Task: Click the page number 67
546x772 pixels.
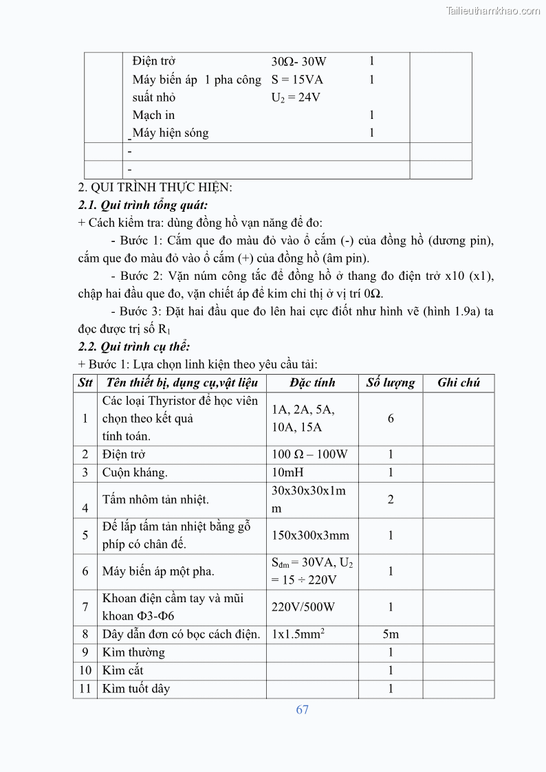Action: pyautogui.click(x=302, y=709)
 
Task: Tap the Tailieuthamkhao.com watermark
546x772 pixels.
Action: pyautogui.click(x=493, y=10)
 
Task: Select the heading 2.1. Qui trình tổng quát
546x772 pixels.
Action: pyautogui.click(x=142, y=205)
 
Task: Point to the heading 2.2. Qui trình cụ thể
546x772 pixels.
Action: pyautogui.click(x=134, y=346)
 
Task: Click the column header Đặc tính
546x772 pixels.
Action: pyautogui.click(x=312, y=383)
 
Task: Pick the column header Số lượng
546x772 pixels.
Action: pyautogui.click(x=390, y=383)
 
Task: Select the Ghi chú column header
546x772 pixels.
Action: pyautogui.click(x=458, y=383)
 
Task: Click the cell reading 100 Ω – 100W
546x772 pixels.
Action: pyautogui.click(x=309, y=454)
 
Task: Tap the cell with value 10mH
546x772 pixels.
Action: pyautogui.click(x=287, y=472)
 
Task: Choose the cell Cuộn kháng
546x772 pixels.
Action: pyautogui.click(x=135, y=472)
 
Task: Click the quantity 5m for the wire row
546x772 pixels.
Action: pyautogui.click(x=390, y=635)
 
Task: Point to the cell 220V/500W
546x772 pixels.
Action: pyautogui.click(x=303, y=607)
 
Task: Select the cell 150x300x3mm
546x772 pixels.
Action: pyautogui.click(x=310, y=536)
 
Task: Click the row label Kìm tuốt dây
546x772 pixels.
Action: pyautogui.click(x=136, y=688)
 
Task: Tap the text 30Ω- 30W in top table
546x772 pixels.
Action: pyautogui.click(x=298, y=62)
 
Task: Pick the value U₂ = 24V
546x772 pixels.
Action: pyautogui.click(x=296, y=98)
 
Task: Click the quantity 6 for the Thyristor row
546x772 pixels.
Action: pyautogui.click(x=391, y=418)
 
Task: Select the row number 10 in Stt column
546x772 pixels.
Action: pyautogui.click(x=85, y=670)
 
